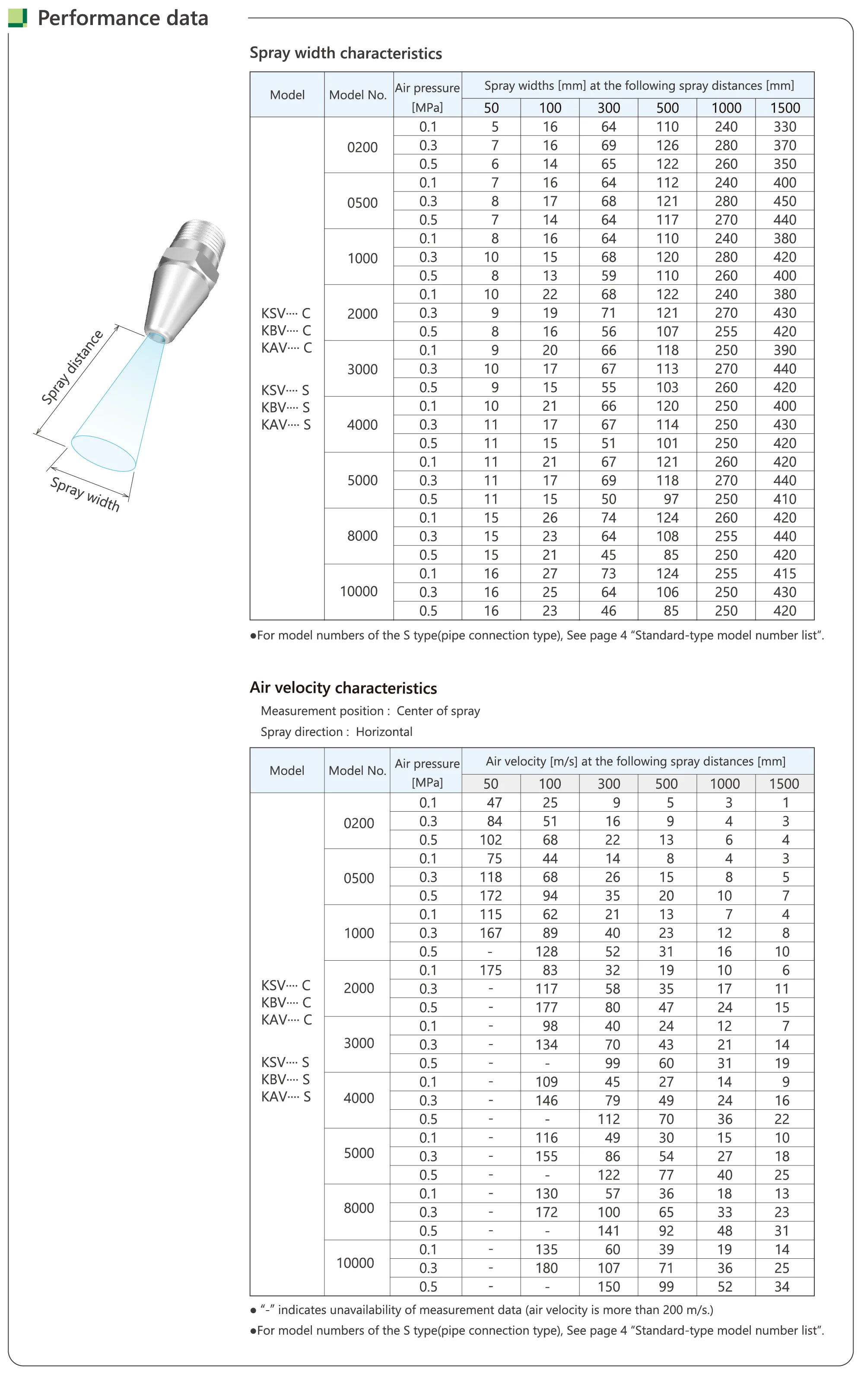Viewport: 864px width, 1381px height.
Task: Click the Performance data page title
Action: (x=122, y=18)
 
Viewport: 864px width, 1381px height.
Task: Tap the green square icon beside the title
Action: (x=17, y=18)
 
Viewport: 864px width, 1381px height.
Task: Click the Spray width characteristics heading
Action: (x=346, y=53)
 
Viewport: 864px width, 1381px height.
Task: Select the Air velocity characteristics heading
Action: (x=343, y=688)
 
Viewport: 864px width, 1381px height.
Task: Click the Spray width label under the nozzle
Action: (x=85, y=494)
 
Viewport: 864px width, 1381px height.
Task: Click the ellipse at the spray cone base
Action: (x=103, y=453)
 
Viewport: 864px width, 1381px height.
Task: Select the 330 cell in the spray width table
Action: (x=785, y=127)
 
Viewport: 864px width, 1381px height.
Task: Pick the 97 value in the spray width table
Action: (x=671, y=499)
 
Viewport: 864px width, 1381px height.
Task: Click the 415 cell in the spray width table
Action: (x=785, y=574)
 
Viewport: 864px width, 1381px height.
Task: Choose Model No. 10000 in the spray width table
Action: (x=359, y=591)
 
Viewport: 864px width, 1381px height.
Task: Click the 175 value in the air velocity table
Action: (x=490, y=970)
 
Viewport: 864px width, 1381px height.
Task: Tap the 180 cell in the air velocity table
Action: (x=546, y=1268)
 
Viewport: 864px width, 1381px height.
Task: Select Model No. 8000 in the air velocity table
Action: (x=359, y=1208)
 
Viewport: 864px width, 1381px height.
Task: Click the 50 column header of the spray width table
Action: (x=492, y=108)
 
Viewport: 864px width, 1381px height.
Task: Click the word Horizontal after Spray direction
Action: (x=384, y=732)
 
